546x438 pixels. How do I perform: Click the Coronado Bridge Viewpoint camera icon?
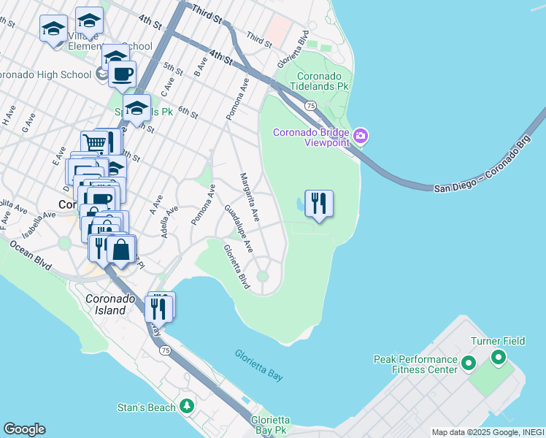(x=361, y=137)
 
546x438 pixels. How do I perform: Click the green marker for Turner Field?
(x=499, y=358)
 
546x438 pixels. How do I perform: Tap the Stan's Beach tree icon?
(x=188, y=405)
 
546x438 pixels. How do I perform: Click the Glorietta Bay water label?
(x=258, y=365)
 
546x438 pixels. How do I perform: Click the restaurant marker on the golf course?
(x=318, y=204)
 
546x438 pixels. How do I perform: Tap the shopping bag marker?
(x=121, y=250)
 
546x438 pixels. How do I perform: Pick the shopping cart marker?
(x=94, y=144)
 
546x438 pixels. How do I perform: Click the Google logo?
(x=24, y=429)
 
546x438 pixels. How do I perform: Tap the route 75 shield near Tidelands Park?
(x=310, y=106)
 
